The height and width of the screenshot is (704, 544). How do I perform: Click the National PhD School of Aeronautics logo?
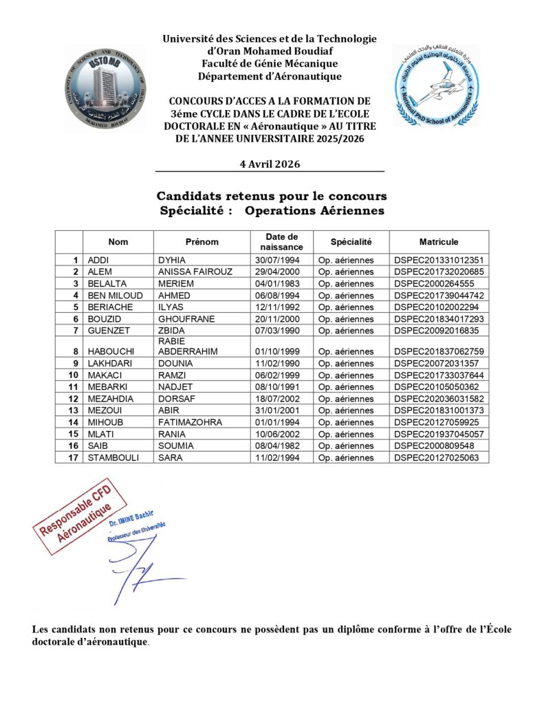click(436, 85)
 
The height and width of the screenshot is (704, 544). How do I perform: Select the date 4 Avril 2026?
click(270, 164)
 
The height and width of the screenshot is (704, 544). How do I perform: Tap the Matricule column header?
click(439, 242)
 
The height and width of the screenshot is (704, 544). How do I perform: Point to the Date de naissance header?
click(283, 242)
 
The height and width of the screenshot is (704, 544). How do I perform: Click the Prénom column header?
click(202, 242)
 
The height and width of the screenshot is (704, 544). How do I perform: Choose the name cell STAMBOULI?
click(113, 457)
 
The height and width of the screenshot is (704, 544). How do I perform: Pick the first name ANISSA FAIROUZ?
click(195, 272)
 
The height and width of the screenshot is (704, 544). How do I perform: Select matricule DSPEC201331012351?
click(439, 260)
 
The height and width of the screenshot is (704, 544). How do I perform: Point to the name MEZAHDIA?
click(111, 399)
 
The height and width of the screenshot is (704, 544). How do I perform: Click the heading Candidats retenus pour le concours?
click(272, 197)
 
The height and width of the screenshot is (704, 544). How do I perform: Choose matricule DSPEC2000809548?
click(435, 445)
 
